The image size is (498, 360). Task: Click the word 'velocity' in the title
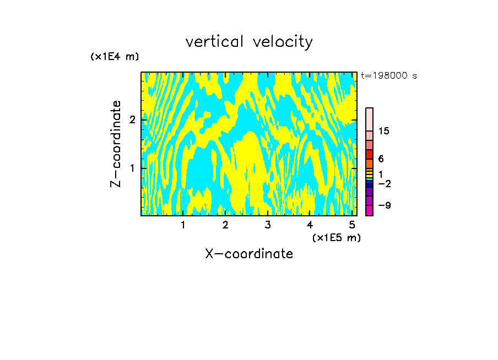tap(283, 42)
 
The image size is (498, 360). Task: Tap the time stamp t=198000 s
tap(388, 75)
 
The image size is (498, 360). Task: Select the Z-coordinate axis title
tap(116, 144)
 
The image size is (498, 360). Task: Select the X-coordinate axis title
tap(249, 254)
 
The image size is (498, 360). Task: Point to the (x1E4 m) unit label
tap(115, 57)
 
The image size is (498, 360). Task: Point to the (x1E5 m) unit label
tap(337, 237)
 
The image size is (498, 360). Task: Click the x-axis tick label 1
tap(183, 225)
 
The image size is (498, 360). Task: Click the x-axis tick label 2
tap(225, 225)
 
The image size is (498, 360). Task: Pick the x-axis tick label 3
tap(268, 225)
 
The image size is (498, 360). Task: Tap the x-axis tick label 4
tap(310, 225)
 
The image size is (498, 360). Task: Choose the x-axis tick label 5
tap(352, 225)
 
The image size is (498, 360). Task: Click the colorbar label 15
tap(384, 131)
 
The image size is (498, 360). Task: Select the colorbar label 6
tap(381, 159)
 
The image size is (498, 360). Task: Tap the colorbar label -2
tap(384, 183)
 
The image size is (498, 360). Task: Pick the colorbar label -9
tap(384, 205)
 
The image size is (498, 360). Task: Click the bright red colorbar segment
tap(370, 155)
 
